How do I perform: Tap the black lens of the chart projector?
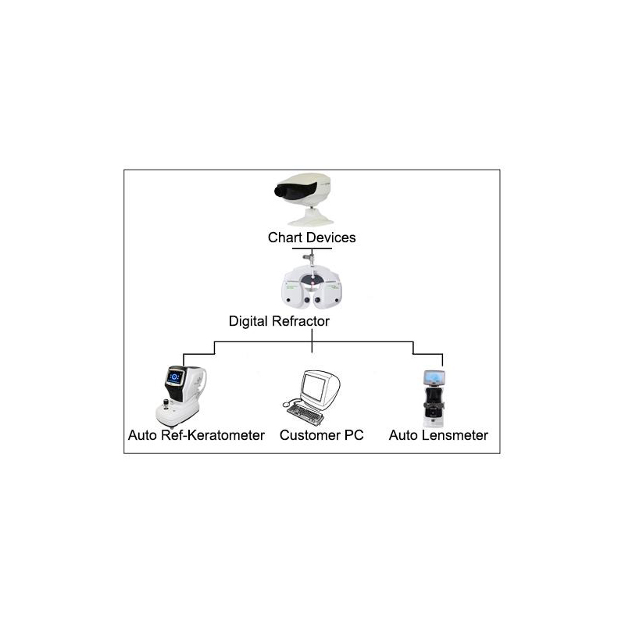(281, 191)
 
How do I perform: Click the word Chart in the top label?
(284, 237)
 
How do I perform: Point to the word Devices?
(330, 237)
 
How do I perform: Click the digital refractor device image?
(312, 282)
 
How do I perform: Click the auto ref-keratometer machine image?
(181, 397)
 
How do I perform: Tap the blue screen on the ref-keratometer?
(174, 377)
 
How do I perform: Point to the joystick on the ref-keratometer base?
(166, 404)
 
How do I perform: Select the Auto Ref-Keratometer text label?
(196, 435)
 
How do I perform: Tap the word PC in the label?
(354, 435)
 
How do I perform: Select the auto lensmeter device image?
(434, 398)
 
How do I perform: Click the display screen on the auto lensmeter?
(434, 377)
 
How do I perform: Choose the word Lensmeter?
(455, 435)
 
